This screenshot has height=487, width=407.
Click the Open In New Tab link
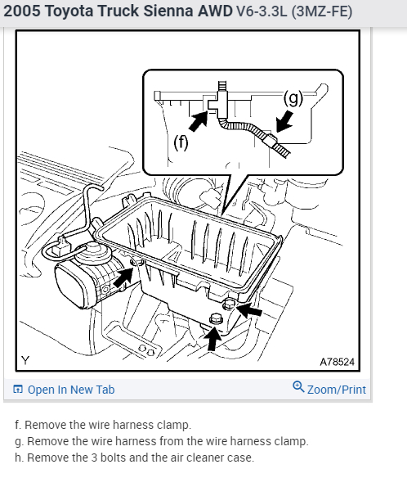click(x=71, y=390)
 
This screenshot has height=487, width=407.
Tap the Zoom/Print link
click(x=336, y=390)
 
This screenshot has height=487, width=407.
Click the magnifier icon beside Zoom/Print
click(x=298, y=386)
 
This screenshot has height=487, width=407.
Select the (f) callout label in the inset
click(x=181, y=142)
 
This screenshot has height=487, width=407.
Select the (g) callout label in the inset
click(x=293, y=98)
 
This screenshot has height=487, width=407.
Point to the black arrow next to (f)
click(x=199, y=121)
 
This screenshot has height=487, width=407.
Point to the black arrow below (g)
click(x=284, y=122)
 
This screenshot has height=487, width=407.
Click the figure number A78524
click(x=338, y=362)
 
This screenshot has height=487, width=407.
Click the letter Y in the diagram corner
click(x=25, y=361)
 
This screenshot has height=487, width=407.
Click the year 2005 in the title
click(x=22, y=11)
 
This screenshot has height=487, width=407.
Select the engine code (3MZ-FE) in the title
click(x=322, y=11)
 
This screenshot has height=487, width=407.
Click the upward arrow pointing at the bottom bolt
click(x=213, y=340)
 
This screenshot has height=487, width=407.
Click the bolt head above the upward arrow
click(x=215, y=318)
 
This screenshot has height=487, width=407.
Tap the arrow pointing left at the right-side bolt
click(x=249, y=310)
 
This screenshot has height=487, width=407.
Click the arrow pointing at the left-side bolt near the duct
click(x=123, y=277)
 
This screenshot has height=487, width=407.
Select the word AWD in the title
click(x=215, y=11)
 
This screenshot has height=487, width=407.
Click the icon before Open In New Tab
click(x=18, y=389)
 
